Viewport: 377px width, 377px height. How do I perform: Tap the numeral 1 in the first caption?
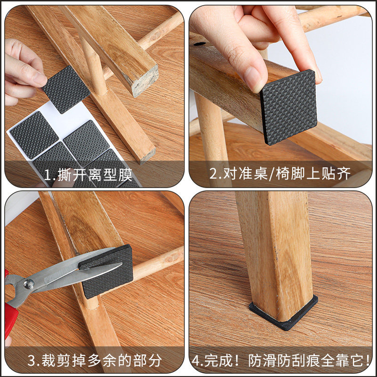click(x=48, y=175)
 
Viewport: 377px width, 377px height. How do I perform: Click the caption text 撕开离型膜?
click(x=95, y=175)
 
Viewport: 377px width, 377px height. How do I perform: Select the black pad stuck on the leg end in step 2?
click(x=289, y=107)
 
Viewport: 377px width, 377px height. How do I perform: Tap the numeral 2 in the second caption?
click(x=213, y=174)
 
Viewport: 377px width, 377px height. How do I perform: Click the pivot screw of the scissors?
click(x=29, y=283)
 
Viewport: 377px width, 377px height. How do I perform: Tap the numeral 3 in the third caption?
click(x=32, y=361)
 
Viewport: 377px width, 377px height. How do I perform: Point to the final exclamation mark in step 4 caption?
click(x=368, y=361)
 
